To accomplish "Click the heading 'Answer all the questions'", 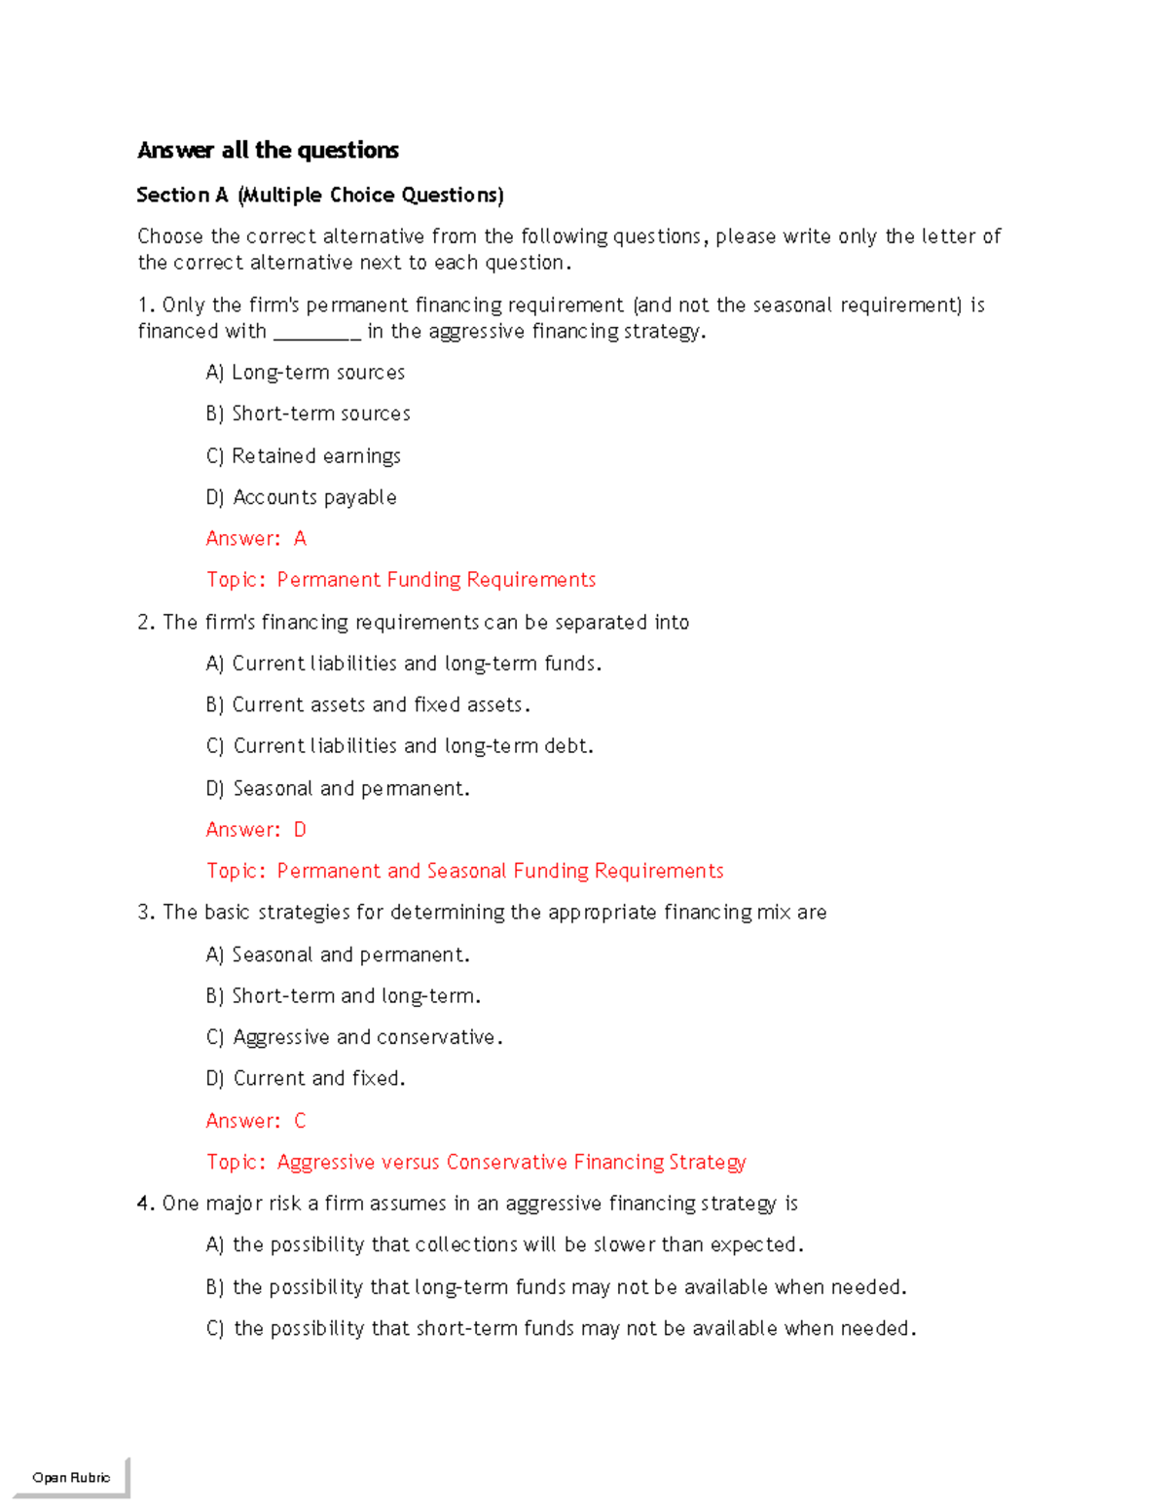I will click(x=268, y=150).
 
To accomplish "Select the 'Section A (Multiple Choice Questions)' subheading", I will click(x=320, y=195).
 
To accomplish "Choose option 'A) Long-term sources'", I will click(x=306, y=373).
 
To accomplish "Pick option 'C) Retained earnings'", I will click(x=304, y=456).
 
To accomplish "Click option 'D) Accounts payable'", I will click(x=302, y=497).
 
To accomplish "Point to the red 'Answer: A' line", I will click(x=256, y=538).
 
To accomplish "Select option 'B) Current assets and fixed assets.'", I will click(x=368, y=704).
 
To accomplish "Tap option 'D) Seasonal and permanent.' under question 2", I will click(x=338, y=788).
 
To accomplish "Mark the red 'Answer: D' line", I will click(x=256, y=829).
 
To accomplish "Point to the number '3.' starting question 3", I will click(x=146, y=913).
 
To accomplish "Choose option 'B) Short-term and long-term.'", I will click(x=344, y=996).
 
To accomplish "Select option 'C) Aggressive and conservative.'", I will click(x=354, y=1037).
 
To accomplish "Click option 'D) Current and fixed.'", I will click(x=306, y=1078).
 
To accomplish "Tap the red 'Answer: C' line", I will click(x=256, y=1121).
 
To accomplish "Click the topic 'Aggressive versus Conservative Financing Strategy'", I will click(x=476, y=1162).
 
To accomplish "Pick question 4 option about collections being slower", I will click(x=505, y=1244).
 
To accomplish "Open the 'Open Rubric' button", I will click(x=71, y=1477).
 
